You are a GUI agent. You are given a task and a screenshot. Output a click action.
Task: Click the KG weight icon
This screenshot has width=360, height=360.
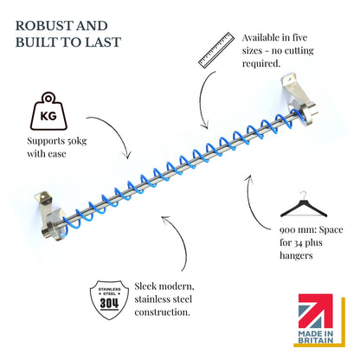coord(48,111)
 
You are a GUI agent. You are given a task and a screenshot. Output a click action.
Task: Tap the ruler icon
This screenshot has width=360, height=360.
coord(216,50)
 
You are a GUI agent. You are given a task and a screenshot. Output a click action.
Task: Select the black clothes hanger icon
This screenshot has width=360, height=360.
coord(304,204)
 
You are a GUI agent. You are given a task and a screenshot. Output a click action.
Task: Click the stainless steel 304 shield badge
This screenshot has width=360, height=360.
coord(109,299)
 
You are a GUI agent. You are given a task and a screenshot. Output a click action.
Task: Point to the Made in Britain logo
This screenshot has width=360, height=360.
coord(319,320)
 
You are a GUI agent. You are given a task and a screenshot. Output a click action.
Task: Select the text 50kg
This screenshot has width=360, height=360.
coord(77,141)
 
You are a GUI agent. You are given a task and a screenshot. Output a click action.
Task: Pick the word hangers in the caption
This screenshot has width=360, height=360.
coord(296,255)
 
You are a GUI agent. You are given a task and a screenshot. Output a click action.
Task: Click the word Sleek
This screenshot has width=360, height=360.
coord(145,286)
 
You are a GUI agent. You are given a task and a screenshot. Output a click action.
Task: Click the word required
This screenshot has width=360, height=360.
coord(261,64)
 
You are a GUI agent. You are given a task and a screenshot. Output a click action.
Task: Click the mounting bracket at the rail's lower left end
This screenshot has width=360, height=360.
coord(51,215)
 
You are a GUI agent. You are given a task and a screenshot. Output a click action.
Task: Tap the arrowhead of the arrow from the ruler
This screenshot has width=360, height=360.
coord(205,126)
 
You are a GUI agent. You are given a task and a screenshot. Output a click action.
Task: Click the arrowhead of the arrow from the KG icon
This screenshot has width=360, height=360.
coord(128,156)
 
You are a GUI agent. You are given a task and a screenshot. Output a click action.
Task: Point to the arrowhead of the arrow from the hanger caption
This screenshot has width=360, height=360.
coord(249,177)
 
